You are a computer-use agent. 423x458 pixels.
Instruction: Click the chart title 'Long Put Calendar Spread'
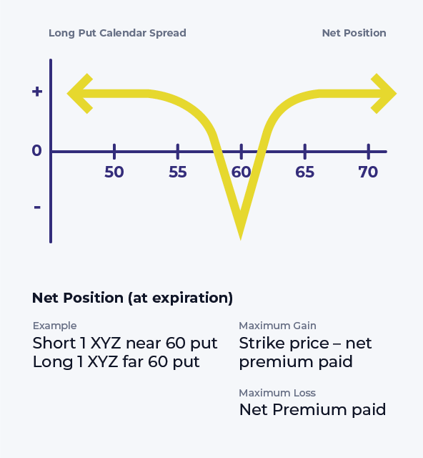[x=117, y=33]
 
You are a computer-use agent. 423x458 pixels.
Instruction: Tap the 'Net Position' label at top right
[x=354, y=33]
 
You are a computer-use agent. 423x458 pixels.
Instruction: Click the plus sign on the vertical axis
[x=37, y=92]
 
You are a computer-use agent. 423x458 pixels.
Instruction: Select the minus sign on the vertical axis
[x=37, y=208]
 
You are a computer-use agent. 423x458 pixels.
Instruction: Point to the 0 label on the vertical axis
[x=36, y=151]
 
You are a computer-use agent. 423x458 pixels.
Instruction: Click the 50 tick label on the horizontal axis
[x=114, y=172]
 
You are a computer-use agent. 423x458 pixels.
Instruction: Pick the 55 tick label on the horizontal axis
[x=178, y=172]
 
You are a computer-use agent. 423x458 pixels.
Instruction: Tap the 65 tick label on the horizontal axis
[x=305, y=172]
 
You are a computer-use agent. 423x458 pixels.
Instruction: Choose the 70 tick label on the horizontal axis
[x=368, y=172]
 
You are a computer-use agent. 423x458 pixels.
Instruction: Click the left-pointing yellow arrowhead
[x=79, y=94]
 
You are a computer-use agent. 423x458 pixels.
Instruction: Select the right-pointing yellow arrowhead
[x=384, y=94]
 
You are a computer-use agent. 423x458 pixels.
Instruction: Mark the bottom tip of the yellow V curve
[x=241, y=240]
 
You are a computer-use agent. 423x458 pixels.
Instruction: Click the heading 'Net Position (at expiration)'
[x=132, y=298]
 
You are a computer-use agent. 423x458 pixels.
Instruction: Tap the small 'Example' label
[x=54, y=326]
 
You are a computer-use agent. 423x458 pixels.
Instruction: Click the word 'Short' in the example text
[x=54, y=343]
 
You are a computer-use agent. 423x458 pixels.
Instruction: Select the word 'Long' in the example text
[x=53, y=362]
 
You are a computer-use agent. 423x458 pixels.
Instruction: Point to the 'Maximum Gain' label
[x=277, y=326]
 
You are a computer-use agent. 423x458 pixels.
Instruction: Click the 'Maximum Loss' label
[x=277, y=393]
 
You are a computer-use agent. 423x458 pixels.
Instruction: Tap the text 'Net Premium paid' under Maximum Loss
[x=312, y=410]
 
